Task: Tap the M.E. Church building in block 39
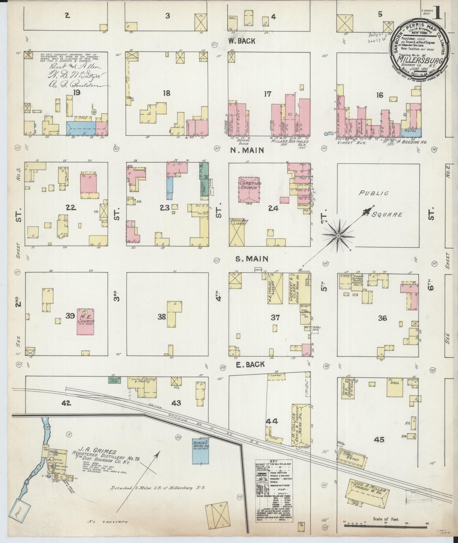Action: pyautogui.click(x=86, y=322)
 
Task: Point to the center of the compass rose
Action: pyautogui.click(x=338, y=236)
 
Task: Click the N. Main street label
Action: pyautogui.click(x=247, y=150)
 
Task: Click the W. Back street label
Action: pyautogui.click(x=242, y=41)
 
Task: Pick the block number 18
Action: pyautogui.click(x=167, y=93)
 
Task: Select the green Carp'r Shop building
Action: pyautogui.click(x=115, y=380)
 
